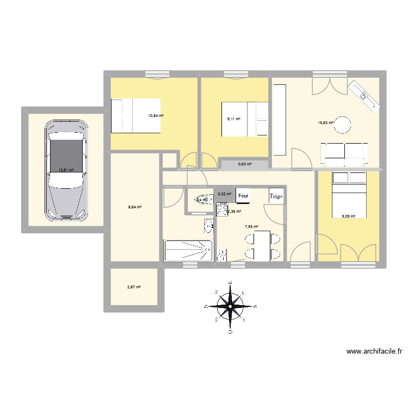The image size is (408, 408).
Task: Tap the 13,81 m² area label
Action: pyautogui.click(x=66, y=170)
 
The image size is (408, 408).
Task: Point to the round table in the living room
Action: pyautogui.click(x=343, y=125)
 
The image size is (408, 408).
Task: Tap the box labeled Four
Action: pyautogui.click(x=243, y=195)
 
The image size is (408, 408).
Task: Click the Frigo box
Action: pyautogui.click(x=275, y=195)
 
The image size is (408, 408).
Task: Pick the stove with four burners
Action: pyautogui.click(x=222, y=208)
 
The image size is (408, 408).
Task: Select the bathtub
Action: pyautogui.click(x=187, y=250)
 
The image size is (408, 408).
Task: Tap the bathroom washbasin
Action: pyautogui.click(x=208, y=225)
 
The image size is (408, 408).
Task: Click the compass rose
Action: pyautogui.click(x=230, y=306)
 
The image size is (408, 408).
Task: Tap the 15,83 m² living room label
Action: pyautogui.click(x=325, y=122)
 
